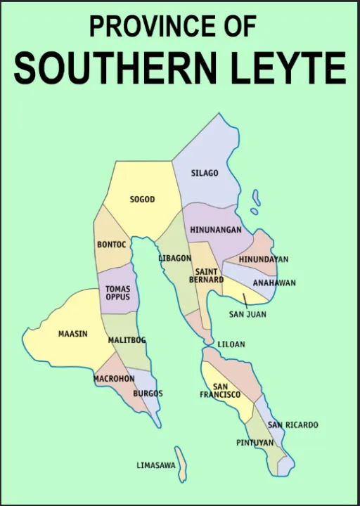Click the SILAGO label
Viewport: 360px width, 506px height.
click(205, 173)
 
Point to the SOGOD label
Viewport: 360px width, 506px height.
click(142, 200)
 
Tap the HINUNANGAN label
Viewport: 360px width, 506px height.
click(215, 230)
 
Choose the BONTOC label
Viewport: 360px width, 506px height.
click(111, 245)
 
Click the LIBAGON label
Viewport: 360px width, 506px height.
click(174, 258)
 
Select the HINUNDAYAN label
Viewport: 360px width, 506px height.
click(263, 259)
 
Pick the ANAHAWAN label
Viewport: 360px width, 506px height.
click(274, 283)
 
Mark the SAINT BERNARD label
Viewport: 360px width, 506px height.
click(209, 275)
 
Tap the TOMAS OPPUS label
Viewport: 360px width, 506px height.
click(117, 292)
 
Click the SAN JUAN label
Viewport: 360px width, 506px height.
click(247, 314)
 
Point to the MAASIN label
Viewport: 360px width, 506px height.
click(72, 334)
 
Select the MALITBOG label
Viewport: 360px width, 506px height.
click(127, 340)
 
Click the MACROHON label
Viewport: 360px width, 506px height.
click(114, 378)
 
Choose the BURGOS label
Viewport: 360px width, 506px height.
click(148, 394)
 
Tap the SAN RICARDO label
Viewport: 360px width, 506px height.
click(292, 425)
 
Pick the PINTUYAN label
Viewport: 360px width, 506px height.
click(255, 443)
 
